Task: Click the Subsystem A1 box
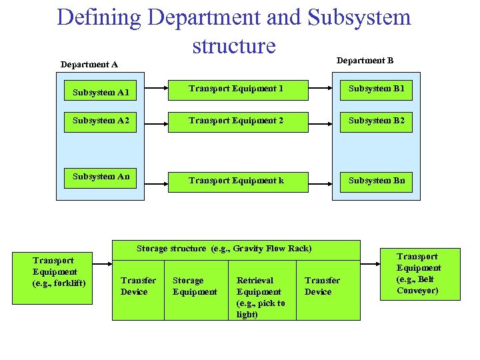(x=101, y=92)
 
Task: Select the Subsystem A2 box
(x=101, y=121)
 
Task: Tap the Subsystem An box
(x=101, y=177)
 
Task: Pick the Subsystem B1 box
(x=376, y=89)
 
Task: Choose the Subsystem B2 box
(x=376, y=121)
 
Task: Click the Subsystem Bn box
(x=376, y=181)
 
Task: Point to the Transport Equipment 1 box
(x=236, y=89)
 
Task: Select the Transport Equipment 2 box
(x=236, y=121)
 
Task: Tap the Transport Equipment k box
(x=236, y=181)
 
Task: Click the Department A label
(x=89, y=65)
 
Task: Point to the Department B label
(x=365, y=61)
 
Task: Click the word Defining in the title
(x=99, y=17)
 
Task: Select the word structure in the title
(x=233, y=46)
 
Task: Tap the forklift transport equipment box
(x=55, y=272)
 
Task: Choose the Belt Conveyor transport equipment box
(x=419, y=273)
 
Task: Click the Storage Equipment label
(x=195, y=286)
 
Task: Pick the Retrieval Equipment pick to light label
(x=261, y=297)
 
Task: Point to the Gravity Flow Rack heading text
(x=224, y=249)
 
